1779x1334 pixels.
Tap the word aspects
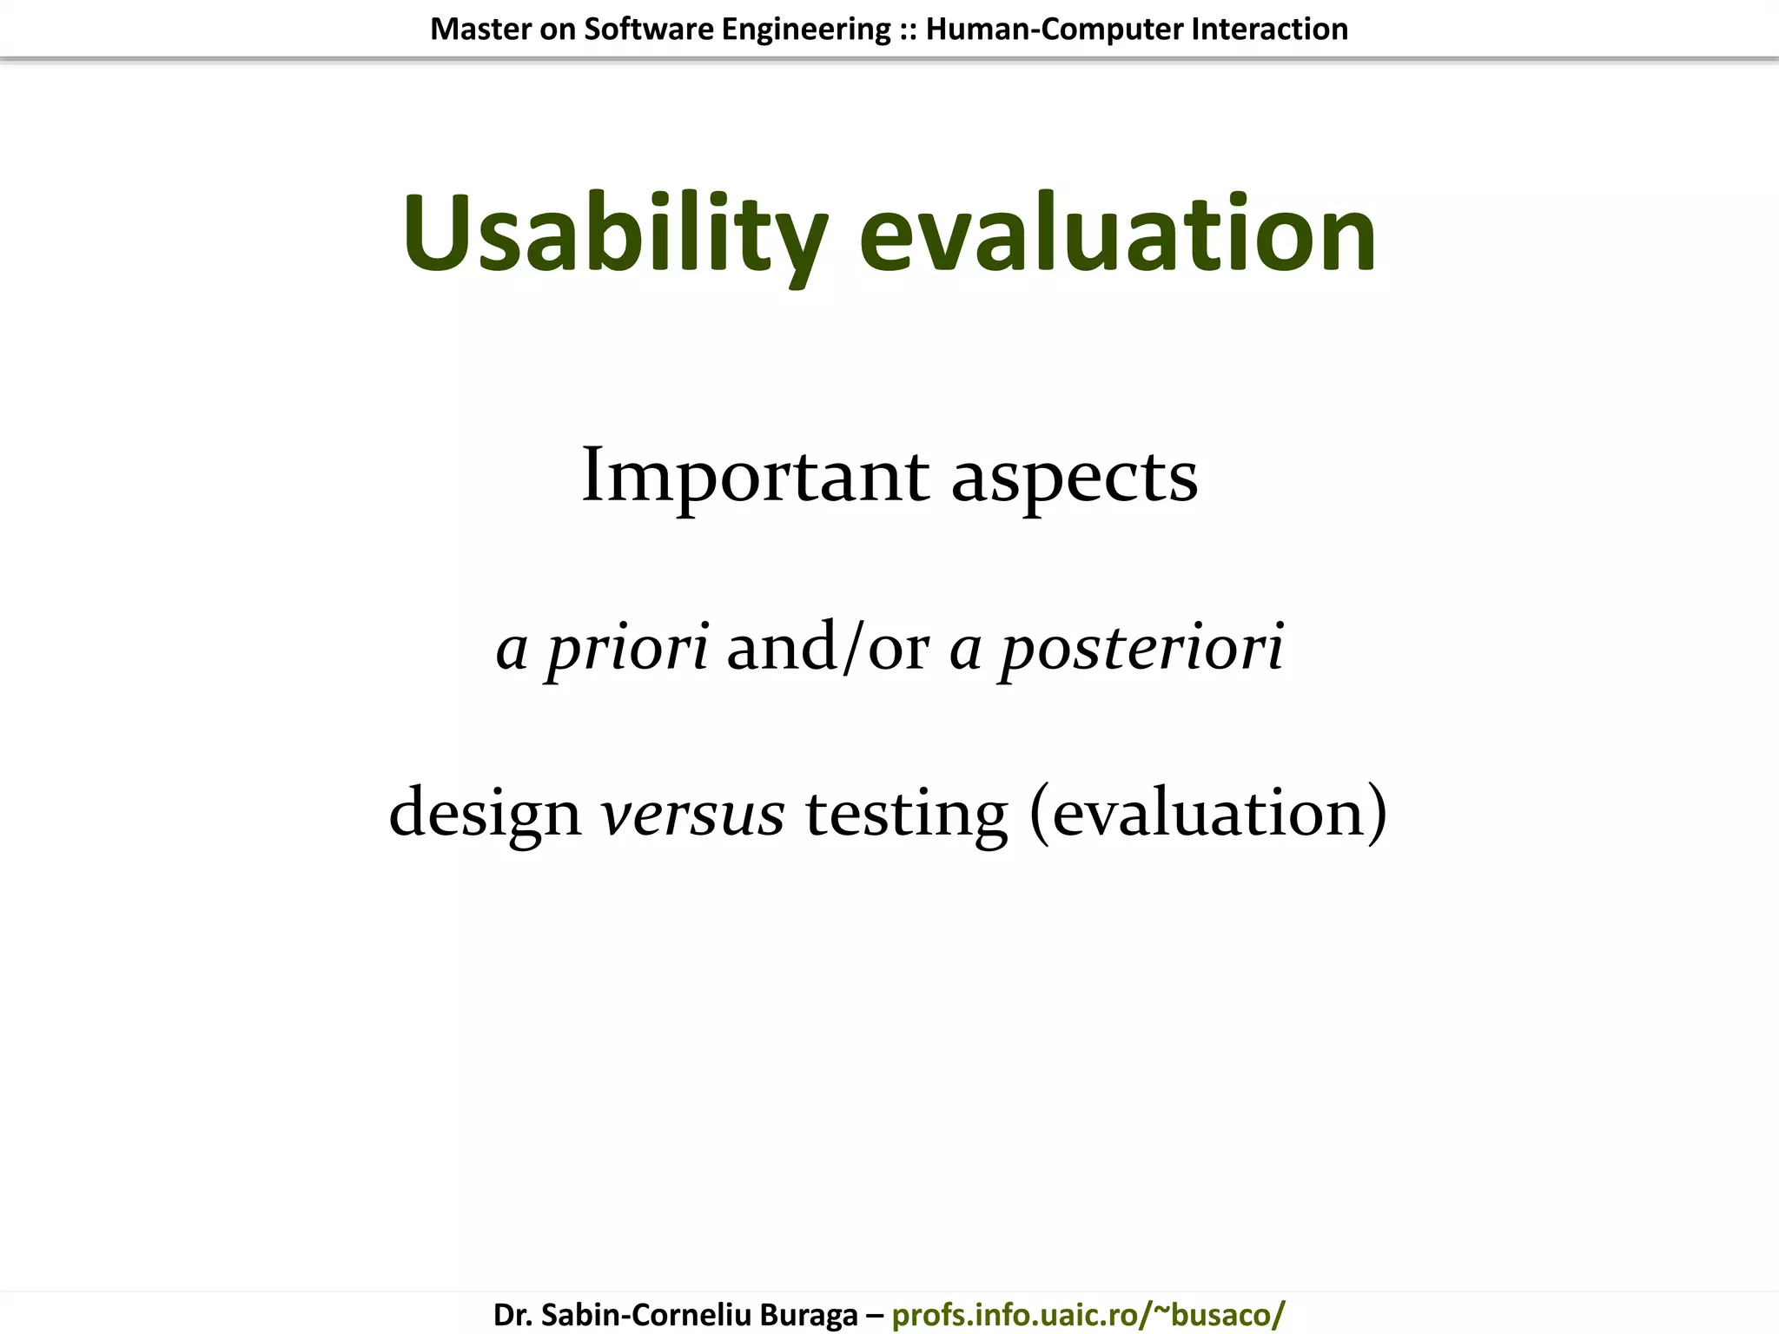coord(1075,478)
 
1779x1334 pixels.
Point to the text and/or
coord(828,648)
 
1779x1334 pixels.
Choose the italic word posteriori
coord(1141,648)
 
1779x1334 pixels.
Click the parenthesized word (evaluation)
coord(1208,812)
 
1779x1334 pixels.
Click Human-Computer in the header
coord(1055,30)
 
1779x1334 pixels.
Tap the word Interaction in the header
coord(1269,30)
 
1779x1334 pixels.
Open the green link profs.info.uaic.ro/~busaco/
coord(1088,1314)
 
